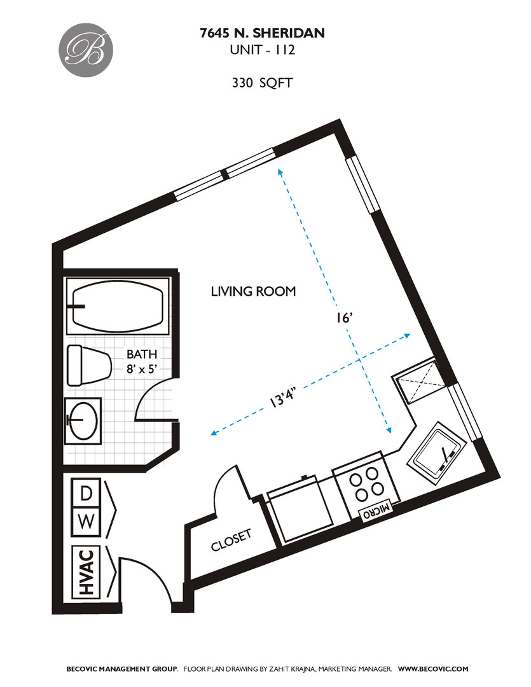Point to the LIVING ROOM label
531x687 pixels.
tap(253, 292)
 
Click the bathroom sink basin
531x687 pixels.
tap(82, 420)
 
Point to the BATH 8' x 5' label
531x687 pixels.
tap(141, 361)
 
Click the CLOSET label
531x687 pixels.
tap(231, 540)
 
